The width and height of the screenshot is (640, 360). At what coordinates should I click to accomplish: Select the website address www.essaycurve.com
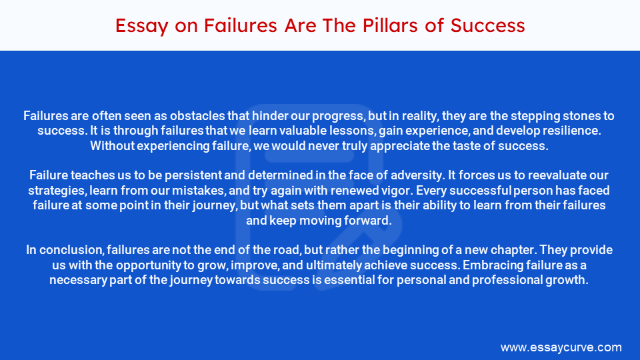pos(561,347)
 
